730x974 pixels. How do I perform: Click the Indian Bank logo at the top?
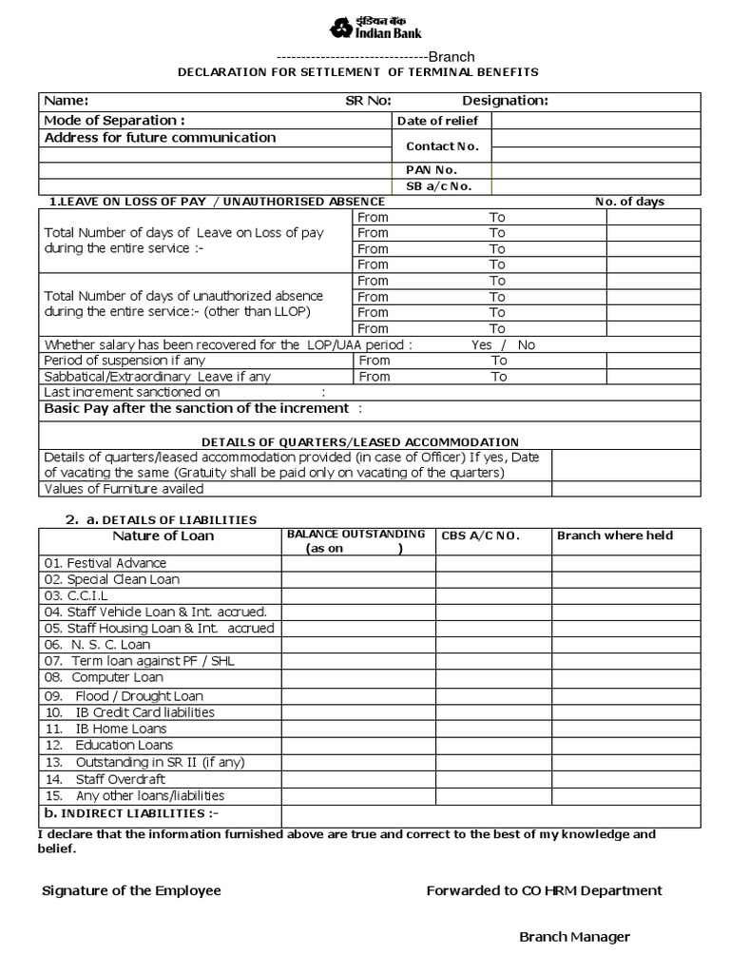pyautogui.click(x=375, y=28)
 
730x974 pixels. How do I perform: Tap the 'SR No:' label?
pyautogui.click(x=368, y=102)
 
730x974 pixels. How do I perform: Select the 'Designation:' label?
pyautogui.click(x=505, y=102)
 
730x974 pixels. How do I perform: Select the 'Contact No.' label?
pyautogui.click(x=442, y=146)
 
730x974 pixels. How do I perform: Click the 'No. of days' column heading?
pyautogui.click(x=629, y=202)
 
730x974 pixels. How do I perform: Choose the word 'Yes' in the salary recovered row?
pyautogui.click(x=481, y=345)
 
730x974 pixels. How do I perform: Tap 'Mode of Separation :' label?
pyautogui.click(x=114, y=121)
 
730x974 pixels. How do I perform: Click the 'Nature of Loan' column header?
pyautogui.click(x=163, y=536)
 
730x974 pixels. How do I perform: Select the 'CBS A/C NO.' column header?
pyautogui.click(x=480, y=536)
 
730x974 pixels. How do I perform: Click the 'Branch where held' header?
pyautogui.click(x=614, y=536)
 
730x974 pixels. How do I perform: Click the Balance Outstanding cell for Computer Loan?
pyautogui.click(x=358, y=678)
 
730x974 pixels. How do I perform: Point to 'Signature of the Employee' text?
pyautogui.click(x=131, y=891)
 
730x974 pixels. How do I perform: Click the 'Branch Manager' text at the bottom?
pyautogui.click(x=574, y=938)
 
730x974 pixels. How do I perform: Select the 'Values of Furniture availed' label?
pyautogui.click(x=124, y=489)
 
